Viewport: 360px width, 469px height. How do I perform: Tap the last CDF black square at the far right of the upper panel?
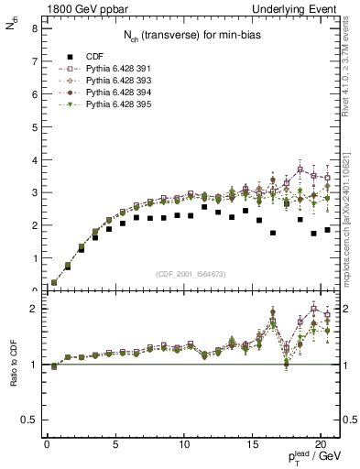click(x=327, y=230)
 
